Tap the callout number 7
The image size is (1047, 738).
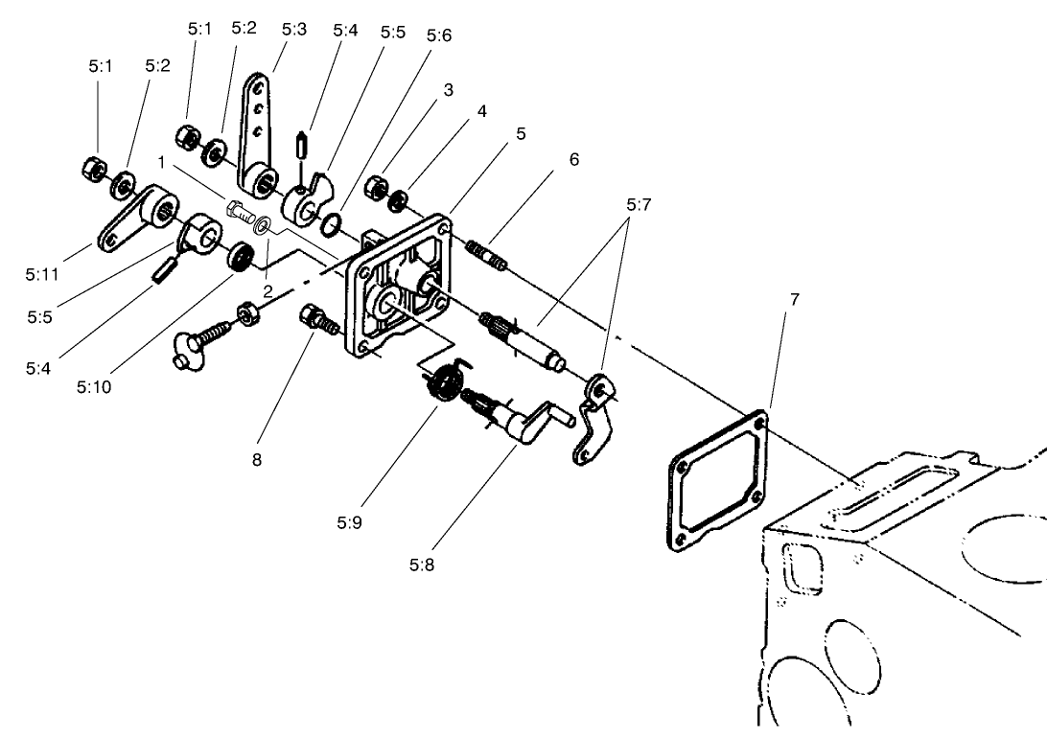tap(793, 300)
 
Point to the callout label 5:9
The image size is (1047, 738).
tap(350, 523)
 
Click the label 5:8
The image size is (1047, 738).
tap(422, 565)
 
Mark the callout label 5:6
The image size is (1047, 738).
tap(439, 35)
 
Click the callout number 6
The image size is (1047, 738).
tap(574, 159)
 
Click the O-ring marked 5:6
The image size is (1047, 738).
tap(329, 224)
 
